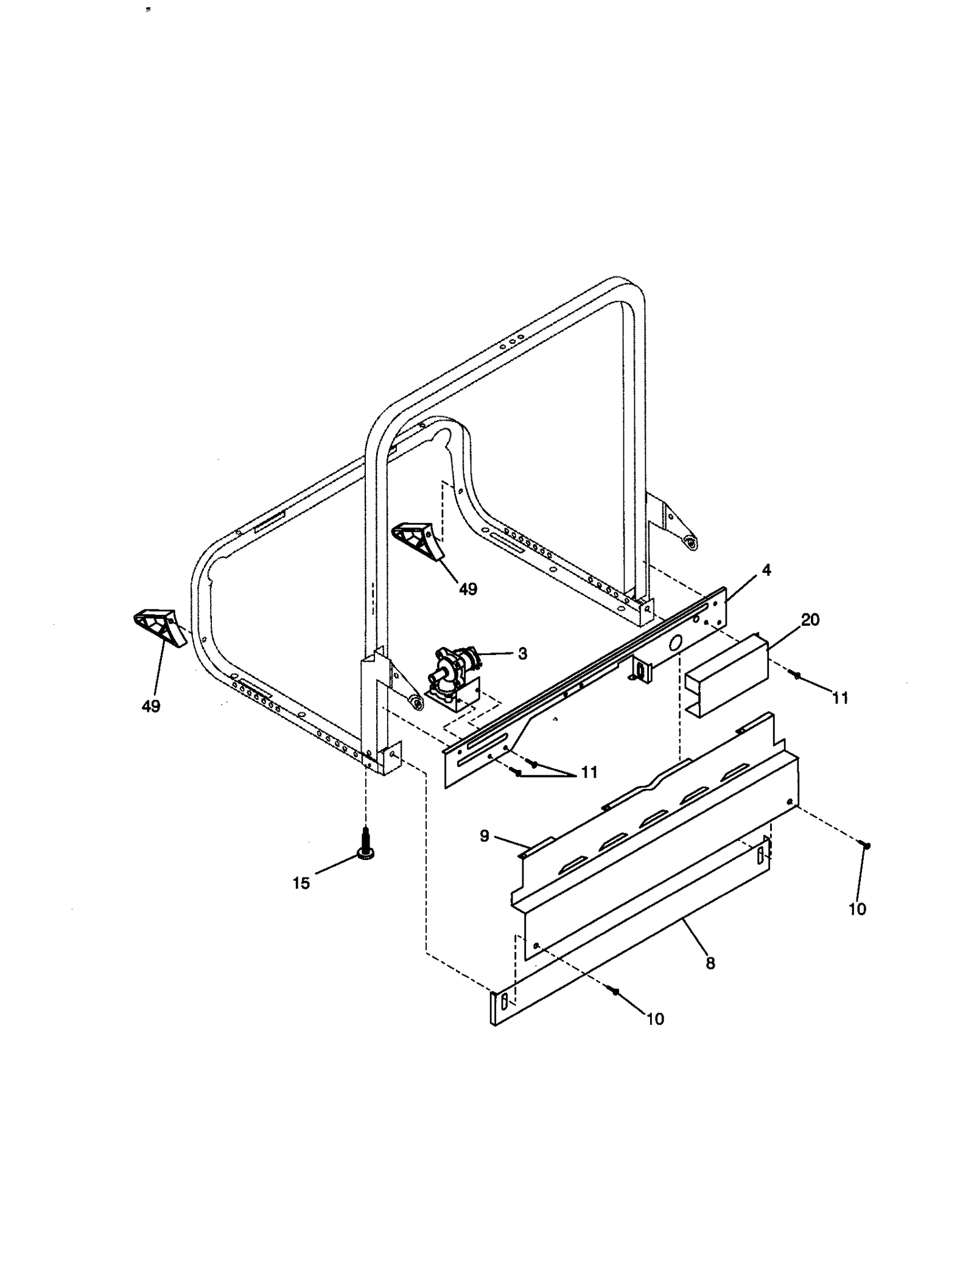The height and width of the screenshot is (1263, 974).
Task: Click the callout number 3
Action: tap(522, 654)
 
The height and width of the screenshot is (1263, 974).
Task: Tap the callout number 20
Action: tap(810, 620)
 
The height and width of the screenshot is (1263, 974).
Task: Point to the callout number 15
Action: tap(301, 883)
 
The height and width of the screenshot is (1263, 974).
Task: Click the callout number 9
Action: tap(485, 836)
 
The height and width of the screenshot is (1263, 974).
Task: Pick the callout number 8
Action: tap(710, 964)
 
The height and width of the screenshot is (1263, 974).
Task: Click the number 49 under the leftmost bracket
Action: tap(150, 706)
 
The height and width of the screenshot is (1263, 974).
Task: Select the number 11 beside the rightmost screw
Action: tap(840, 698)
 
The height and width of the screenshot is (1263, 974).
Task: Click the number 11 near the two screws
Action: tap(589, 772)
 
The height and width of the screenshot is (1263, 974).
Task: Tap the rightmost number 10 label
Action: tap(857, 909)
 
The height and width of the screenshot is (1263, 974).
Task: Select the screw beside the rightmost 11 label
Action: tap(794, 674)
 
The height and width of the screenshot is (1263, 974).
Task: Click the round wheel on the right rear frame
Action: tap(690, 542)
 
